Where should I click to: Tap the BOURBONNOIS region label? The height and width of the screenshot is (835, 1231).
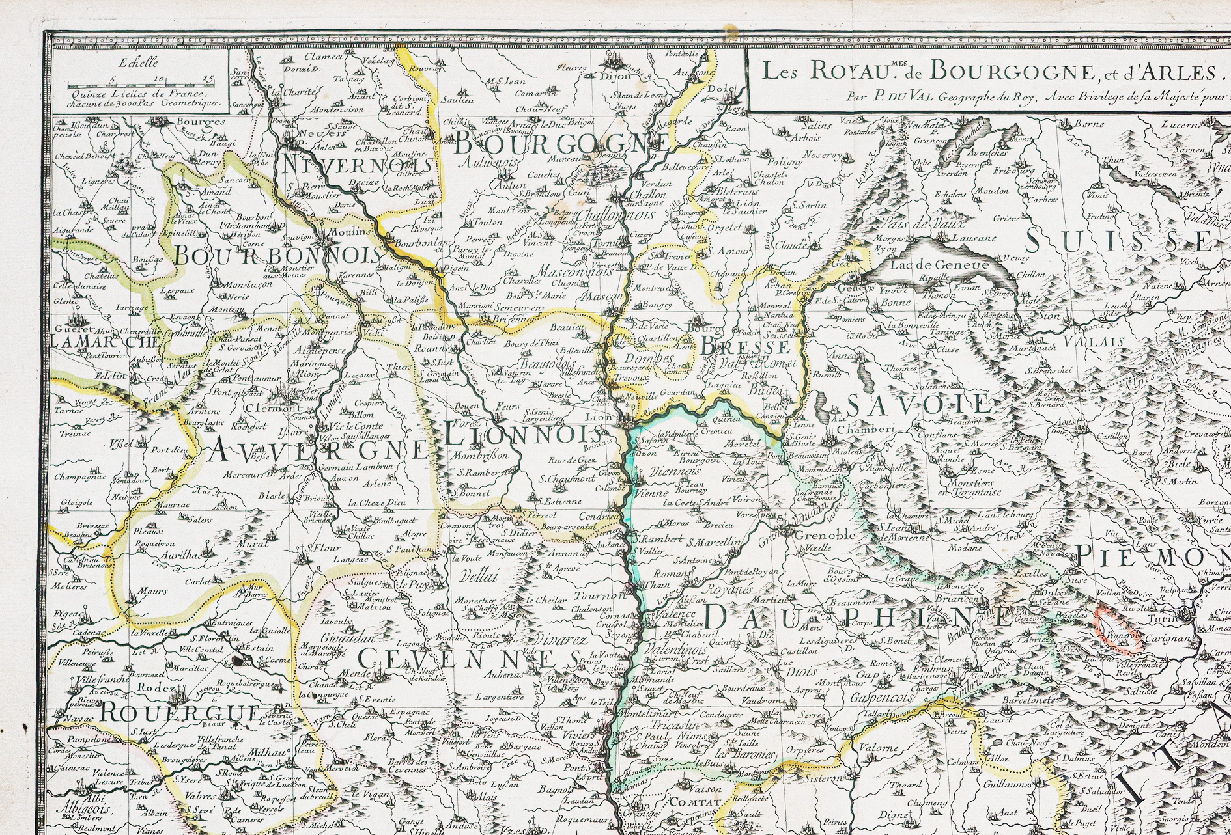pos(278,255)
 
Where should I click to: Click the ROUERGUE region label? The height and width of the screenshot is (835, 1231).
pos(180,711)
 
